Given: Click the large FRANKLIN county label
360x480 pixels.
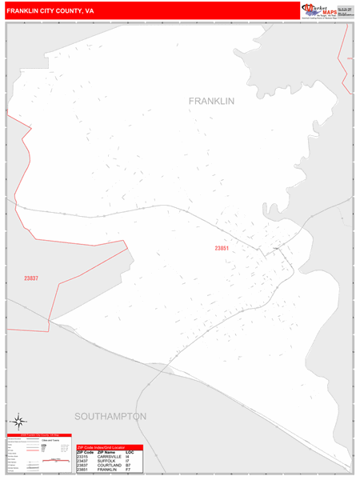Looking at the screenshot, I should (211, 102).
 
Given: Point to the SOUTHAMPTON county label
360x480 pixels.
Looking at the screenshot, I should (110, 417).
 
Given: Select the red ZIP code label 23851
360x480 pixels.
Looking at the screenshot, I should (222, 249).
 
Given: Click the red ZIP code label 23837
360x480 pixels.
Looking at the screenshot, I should (30, 278).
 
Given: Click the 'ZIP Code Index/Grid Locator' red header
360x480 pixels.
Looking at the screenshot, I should (109, 446).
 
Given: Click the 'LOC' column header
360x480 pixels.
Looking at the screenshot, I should (130, 451).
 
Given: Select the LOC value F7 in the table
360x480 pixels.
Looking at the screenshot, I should (129, 470).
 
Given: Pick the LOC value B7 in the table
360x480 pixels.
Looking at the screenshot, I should (129, 466).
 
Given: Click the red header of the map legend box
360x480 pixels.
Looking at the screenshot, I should (38, 436).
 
